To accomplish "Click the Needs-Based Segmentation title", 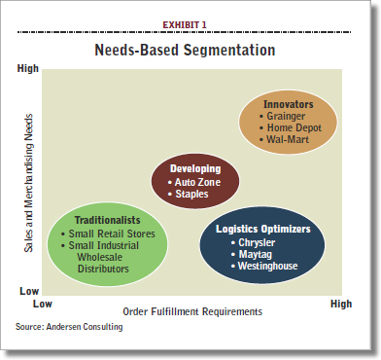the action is [x=190, y=48].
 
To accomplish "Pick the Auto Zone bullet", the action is [x=197, y=182].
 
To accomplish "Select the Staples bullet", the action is [x=193, y=195].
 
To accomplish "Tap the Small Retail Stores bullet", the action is [x=105, y=234].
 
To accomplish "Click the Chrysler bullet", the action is [x=256, y=242].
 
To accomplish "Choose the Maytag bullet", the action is [x=253, y=255].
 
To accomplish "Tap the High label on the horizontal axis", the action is [x=340, y=304].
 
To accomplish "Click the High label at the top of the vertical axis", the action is [x=30, y=69].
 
